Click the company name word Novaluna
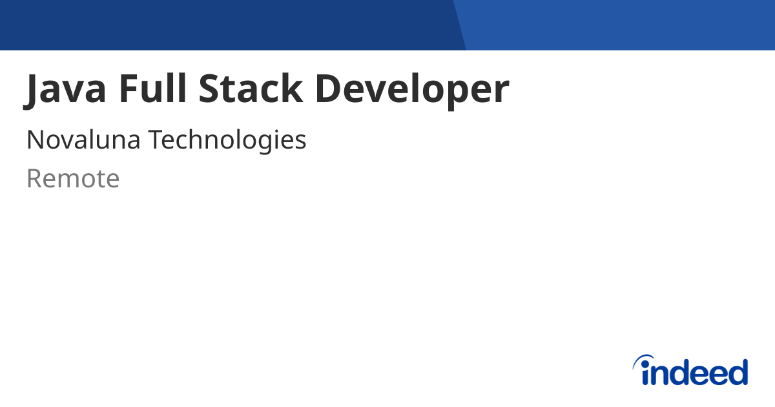click(83, 140)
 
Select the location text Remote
click(73, 179)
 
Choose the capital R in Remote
click(34, 179)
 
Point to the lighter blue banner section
click(620, 25)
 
